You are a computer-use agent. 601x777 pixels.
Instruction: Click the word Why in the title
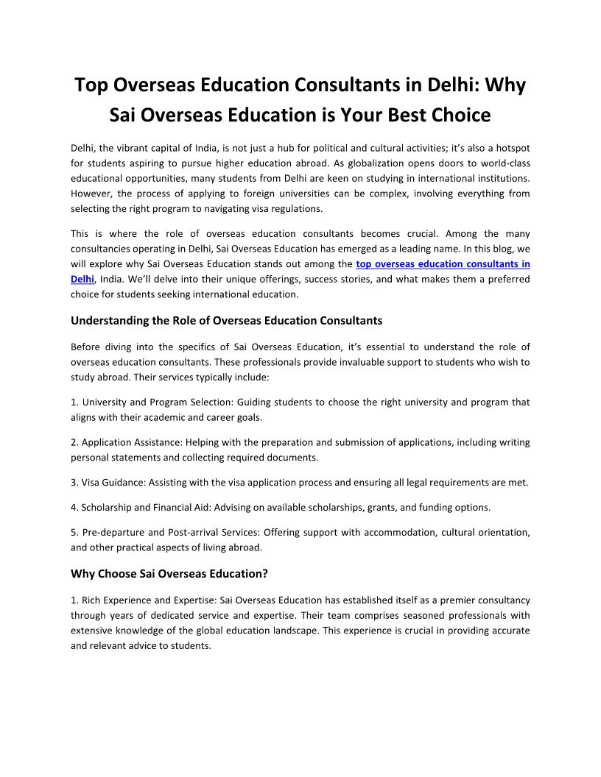pyautogui.click(x=505, y=85)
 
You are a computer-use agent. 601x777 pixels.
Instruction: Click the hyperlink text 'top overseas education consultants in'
pyautogui.click(x=443, y=263)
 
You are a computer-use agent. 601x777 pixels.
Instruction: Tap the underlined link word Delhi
pyautogui.click(x=82, y=279)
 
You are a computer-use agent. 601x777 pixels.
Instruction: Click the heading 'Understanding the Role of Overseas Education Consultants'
pyautogui.click(x=226, y=320)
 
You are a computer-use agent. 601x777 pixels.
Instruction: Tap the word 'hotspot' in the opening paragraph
pyautogui.click(x=512, y=148)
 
